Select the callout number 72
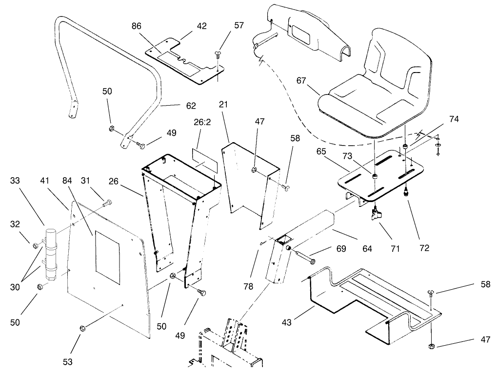pos(424,248)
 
